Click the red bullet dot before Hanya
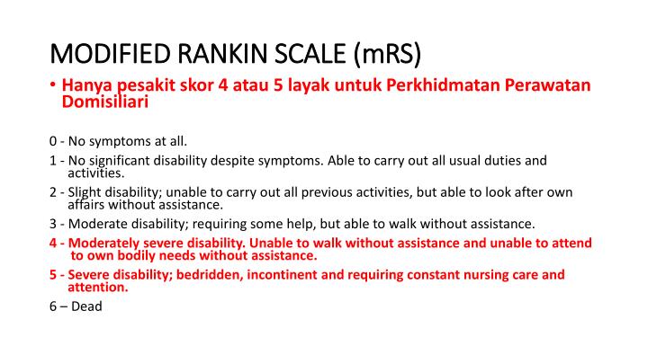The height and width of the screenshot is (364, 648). tap(54, 86)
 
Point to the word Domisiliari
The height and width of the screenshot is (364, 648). tap(104, 102)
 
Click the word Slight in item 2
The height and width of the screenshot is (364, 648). tap(85, 192)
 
